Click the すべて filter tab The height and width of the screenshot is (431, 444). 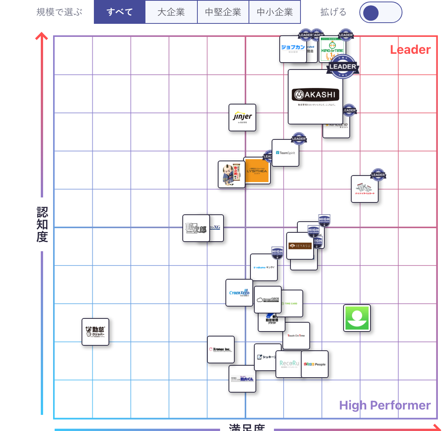(x=120, y=12)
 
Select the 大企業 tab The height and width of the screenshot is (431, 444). (x=171, y=12)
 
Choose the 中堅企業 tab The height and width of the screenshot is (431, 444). (x=223, y=12)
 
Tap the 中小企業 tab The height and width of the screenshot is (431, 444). (x=275, y=12)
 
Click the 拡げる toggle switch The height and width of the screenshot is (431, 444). (x=381, y=13)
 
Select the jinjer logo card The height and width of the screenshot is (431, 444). (x=242, y=117)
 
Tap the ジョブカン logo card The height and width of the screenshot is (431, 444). (x=293, y=48)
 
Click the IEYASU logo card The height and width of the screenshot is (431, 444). (x=300, y=246)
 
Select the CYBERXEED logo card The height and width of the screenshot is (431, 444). (x=239, y=293)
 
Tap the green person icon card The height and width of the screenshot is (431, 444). (x=357, y=318)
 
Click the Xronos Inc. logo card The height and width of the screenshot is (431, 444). (x=220, y=350)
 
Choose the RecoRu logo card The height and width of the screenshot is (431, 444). (x=289, y=364)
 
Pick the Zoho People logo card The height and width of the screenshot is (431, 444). (x=315, y=364)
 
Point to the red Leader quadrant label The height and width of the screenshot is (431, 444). (x=410, y=50)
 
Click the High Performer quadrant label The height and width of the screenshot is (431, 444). (x=385, y=405)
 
